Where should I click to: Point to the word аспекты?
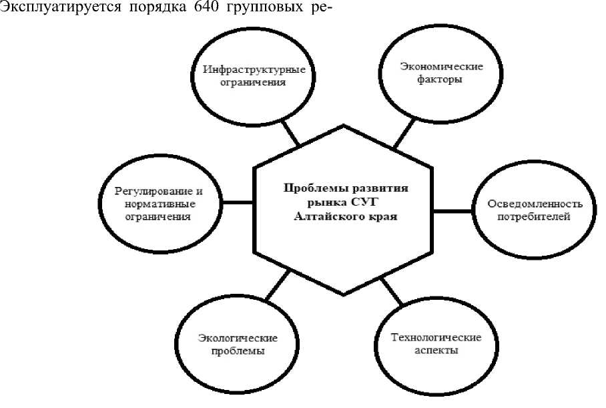[x=434, y=350]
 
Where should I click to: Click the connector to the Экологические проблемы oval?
[x=278, y=286]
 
